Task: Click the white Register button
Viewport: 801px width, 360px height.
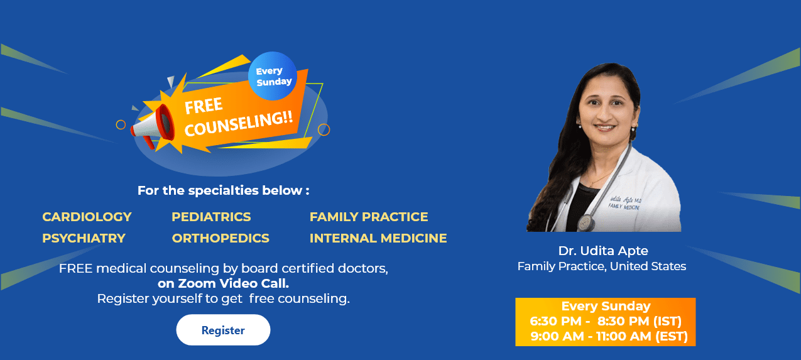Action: [x=223, y=330]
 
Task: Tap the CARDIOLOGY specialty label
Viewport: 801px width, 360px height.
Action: [x=87, y=217]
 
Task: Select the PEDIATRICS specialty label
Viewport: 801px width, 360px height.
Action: [x=211, y=217]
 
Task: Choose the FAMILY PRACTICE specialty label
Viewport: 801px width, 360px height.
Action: [x=369, y=217]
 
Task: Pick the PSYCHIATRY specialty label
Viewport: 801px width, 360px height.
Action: [x=84, y=238]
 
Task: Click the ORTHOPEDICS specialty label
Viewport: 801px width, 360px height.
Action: [x=221, y=238]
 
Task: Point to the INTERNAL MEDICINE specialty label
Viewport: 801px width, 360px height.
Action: [x=378, y=238]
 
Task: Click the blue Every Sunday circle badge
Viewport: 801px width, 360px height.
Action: [x=273, y=76]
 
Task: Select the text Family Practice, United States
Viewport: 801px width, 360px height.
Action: [x=601, y=266]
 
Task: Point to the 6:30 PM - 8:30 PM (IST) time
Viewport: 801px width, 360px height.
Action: [x=605, y=321]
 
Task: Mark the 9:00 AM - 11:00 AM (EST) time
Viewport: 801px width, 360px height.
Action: [x=609, y=336]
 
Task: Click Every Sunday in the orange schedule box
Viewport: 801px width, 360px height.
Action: [x=606, y=306]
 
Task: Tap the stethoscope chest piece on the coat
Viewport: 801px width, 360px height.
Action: [x=586, y=223]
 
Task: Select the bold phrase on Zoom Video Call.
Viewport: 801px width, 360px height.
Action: [x=223, y=283]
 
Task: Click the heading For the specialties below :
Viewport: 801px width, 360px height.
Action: [x=223, y=190]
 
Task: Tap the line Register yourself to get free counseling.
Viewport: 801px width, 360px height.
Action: [x=223, y=298]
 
